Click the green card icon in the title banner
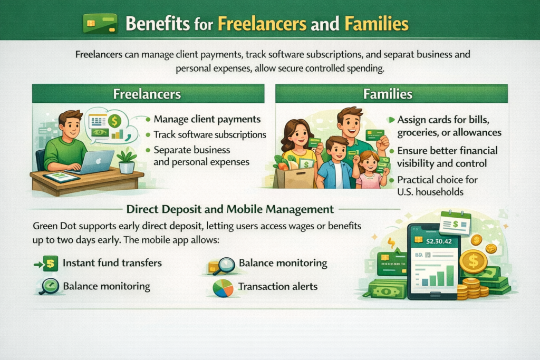click(x=100, y=24)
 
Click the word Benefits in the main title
click(x=157, y=24)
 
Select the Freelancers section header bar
click(x=148, y=94)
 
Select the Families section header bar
click(x=392, y=94)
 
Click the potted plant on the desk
click(x=127, y=161)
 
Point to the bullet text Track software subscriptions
click(x=210, y=134)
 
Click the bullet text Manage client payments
click(x=207, y=119)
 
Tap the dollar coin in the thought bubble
click(x=114, y=121)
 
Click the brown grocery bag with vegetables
click(x=294, y=174)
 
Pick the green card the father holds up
click(x=375, y=135)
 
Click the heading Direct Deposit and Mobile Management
click(x=230, y=209)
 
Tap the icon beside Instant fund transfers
click(x=46, y=264)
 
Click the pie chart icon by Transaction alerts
click(x=223, y=288)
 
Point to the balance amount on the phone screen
click(x=439, y=241)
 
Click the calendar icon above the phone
click(x=455, y=223)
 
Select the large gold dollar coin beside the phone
click(x=473, y=261)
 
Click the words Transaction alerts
click(x=278, y=286)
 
